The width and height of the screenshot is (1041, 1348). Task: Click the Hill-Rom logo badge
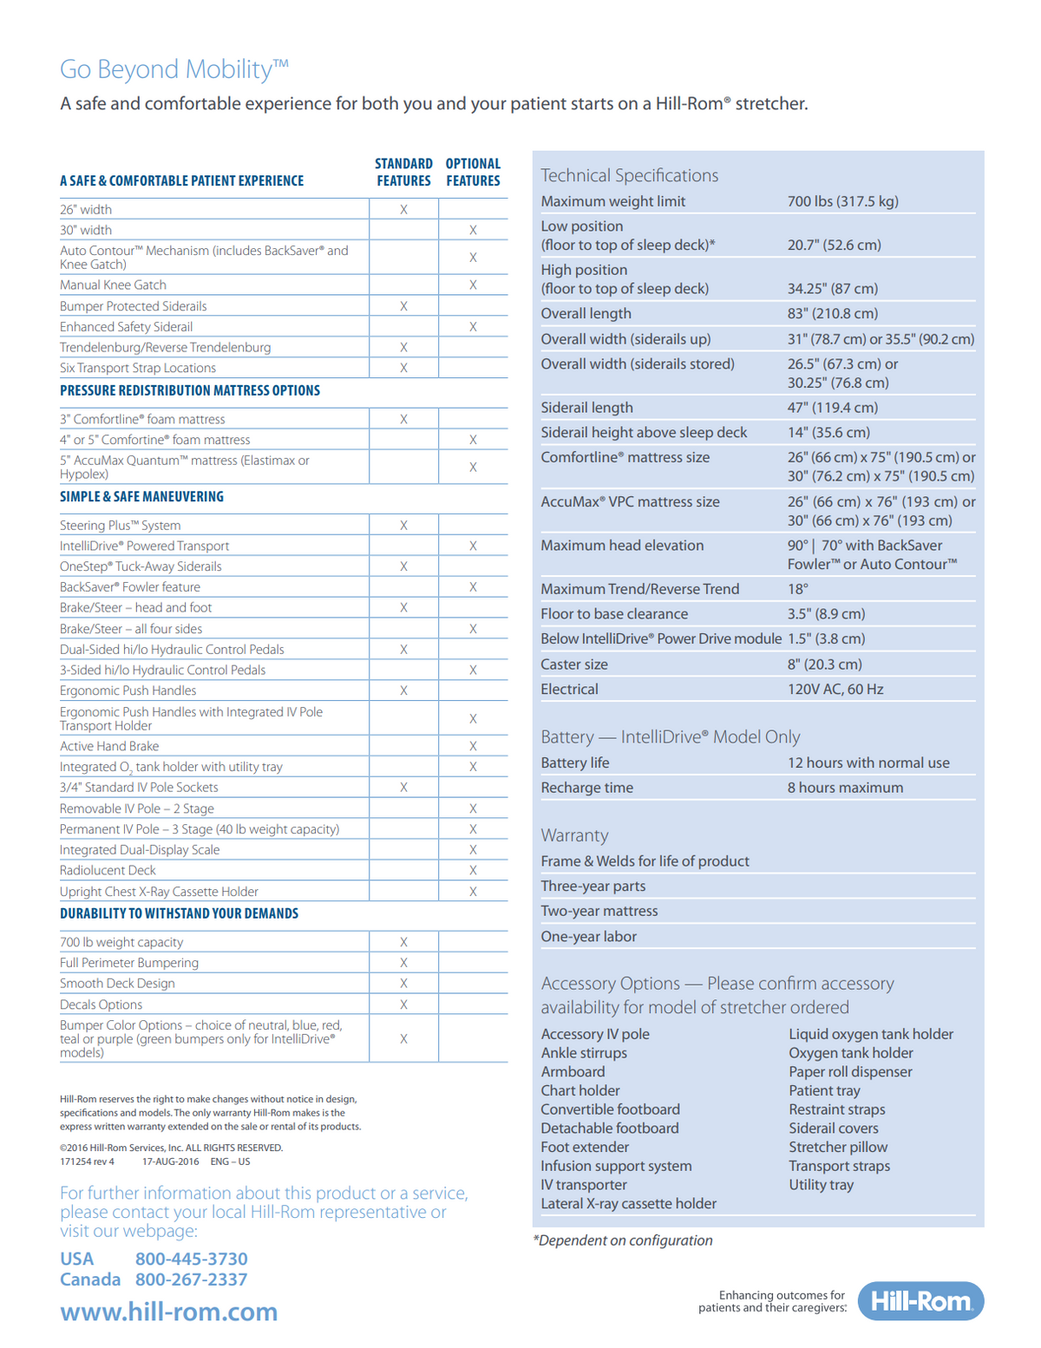point(920,1301)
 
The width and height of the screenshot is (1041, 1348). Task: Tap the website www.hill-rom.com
point(169,1312)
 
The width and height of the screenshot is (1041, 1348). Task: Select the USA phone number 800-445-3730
point(191,1259)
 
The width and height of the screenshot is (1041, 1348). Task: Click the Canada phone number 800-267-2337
point(191,1279)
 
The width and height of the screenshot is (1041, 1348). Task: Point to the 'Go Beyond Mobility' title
point(173,69)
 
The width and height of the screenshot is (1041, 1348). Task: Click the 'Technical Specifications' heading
point(630,175)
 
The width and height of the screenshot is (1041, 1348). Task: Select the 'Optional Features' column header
point(473,172)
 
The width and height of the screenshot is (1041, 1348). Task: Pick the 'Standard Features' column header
point(403,172)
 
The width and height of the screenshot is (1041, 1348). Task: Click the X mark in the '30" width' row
point(473,231)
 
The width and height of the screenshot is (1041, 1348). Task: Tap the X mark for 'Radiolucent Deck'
point(473,871)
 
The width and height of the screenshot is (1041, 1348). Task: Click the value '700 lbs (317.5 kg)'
point(842,201)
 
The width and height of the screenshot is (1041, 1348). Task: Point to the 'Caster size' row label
point(574,664)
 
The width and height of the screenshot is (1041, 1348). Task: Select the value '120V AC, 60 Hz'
point(835,690)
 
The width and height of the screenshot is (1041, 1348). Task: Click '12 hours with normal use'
point(868,763)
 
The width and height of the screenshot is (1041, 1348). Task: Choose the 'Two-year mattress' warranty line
point(599,912)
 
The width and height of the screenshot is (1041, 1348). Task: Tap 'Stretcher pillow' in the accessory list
point(838,1148)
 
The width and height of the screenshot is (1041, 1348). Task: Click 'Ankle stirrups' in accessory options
point(584,1053)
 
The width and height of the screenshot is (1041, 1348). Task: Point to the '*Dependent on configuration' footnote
point(623,1240)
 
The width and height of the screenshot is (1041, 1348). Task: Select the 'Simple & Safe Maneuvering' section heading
point(141,497)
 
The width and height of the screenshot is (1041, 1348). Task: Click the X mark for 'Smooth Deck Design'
point(403,984)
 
